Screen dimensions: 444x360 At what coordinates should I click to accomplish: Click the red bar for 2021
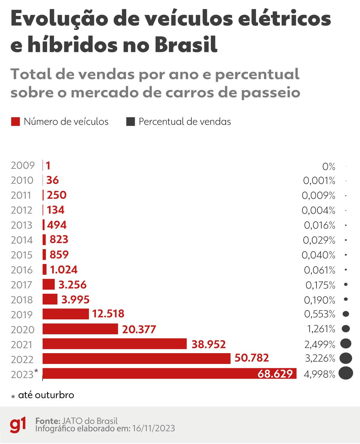pos(115,344)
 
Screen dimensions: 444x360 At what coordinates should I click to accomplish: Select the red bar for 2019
pos(66,314)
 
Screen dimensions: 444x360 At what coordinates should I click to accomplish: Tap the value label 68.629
pos(275,374)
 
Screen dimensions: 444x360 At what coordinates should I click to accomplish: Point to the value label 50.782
pos(251,358)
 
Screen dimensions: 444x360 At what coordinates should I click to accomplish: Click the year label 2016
pos(22,270)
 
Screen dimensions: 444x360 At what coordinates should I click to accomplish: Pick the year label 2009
pos(23,165)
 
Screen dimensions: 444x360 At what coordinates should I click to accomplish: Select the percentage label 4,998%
pos(319,374)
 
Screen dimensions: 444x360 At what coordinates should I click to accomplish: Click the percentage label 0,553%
pos(319,314)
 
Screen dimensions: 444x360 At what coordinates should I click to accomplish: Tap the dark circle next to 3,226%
pos(346,358)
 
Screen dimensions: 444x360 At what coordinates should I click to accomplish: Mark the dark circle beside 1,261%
pos(346,329)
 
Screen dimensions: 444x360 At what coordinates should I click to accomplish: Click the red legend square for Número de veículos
pos(15,122)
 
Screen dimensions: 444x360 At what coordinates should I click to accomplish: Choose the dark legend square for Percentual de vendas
pos(130,122)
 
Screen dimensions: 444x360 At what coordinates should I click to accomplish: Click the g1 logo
pos(18,425)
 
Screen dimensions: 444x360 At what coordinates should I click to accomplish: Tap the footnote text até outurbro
pos(46,395)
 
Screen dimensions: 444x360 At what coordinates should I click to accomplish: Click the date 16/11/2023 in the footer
pos(153,429)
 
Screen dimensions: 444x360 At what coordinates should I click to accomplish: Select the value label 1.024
pos(64,270)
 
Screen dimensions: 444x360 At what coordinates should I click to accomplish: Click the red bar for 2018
pos(50,299)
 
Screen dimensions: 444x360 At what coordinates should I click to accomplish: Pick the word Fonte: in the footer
pos(48,421)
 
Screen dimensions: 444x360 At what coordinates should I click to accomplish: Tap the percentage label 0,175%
pos(320,285)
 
